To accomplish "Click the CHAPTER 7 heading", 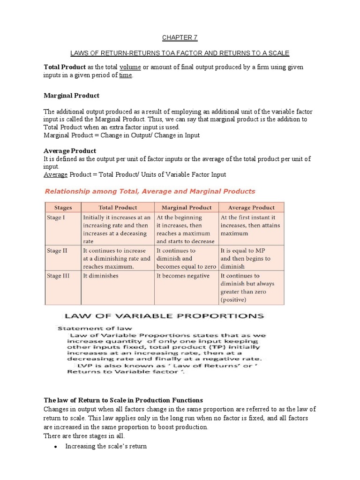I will (x=177, y=37).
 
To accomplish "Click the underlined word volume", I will (x=130, y=67).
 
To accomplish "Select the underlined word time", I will (x=126, y=75).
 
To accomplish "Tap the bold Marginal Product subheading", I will (x=71, y=96).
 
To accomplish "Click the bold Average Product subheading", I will (x=70, y=151).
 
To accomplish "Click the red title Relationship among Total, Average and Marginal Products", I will (x=150, y=191).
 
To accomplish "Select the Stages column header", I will (x=63, y=207).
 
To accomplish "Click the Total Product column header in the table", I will (x=118, y=207).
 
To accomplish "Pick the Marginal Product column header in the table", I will (x=187, y=207).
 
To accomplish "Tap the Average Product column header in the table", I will (x=251, y=207).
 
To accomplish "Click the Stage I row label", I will (x=56, y=217).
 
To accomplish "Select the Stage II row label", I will (x=57, y=251).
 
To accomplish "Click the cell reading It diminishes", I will (x=101, y=276).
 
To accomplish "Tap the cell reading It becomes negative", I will (x=183, y=276).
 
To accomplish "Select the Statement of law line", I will (x=95, y=328).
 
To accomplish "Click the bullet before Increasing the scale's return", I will (x=56, y=447).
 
